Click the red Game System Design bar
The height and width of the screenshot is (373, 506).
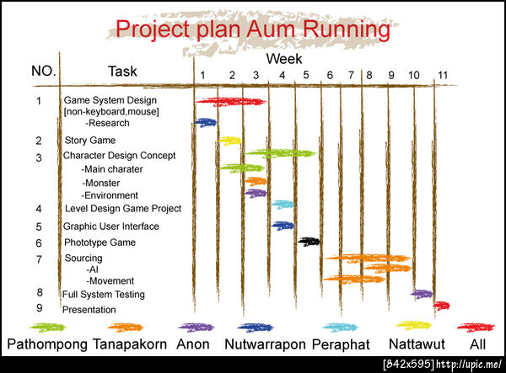(231, 102)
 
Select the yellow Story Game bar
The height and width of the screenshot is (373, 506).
(229, 141)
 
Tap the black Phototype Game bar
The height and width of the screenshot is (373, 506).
(310, 242)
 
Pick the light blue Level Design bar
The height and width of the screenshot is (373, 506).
(283, 205)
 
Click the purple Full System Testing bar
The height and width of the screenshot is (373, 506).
(422, 294)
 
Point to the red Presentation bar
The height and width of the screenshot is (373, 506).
(441, 306)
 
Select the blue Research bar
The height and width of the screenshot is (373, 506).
(206, 122)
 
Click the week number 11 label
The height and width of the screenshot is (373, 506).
(443, 76)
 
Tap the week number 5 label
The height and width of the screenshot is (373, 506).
(306, 75)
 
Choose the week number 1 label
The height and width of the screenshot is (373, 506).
(202, 76)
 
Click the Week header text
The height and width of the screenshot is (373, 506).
(284, 59)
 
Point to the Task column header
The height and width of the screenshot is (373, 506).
(122, 72)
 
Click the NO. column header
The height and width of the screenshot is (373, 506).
(44, 71)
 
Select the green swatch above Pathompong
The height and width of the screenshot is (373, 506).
(47, 328)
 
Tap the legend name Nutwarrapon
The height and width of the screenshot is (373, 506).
(265, 344)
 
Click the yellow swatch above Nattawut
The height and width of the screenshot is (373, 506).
(414, 325)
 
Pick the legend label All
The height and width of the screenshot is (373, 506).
(477, 344)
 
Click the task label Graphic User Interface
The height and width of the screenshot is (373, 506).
(111, 226)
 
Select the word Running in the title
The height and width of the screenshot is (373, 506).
(347, 29)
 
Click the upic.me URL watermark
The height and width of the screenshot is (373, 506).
(469, 365)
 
